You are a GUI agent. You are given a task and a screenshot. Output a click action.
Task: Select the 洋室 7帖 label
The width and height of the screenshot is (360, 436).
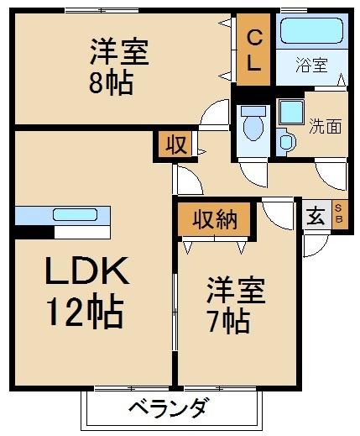coord(236,304)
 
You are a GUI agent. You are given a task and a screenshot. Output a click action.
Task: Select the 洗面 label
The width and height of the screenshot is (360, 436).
coord(326,128)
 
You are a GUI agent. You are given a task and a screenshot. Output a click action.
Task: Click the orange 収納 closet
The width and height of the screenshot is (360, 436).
coord(213,220)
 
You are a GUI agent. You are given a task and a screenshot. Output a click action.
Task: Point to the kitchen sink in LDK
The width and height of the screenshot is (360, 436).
coord(75,214)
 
